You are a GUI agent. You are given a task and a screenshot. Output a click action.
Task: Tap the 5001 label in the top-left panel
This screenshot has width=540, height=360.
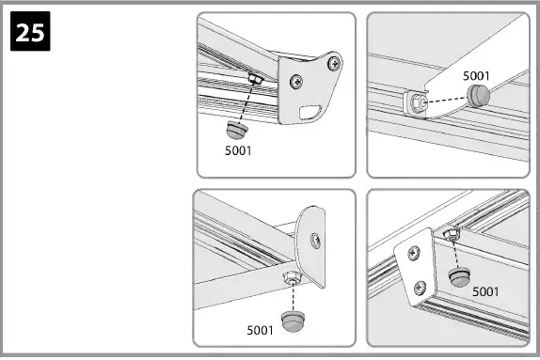(x=239, y=149)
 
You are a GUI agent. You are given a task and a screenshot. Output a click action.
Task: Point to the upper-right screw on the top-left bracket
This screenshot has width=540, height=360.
(x=331, y=62)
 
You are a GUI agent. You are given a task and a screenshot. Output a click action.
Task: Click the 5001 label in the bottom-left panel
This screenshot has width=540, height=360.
(x=261, y=330)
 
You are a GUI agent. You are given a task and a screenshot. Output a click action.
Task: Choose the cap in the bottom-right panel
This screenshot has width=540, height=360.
(x=458, y=277)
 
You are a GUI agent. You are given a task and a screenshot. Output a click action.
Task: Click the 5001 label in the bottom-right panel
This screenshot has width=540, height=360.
(x=485, y=291)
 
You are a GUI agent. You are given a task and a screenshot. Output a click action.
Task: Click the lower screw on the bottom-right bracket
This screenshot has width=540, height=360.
(x=421, y=287)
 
